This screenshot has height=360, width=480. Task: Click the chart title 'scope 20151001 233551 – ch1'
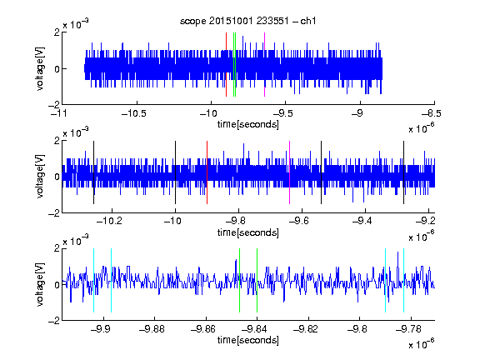point(248,21)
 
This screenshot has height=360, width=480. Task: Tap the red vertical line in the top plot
point(226,65)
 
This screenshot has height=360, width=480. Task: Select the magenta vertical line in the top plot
point(264,65)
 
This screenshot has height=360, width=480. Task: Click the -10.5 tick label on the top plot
point(134,113)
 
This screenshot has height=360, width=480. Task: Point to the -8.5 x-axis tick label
point(432,113)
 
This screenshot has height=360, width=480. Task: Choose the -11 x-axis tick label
point(59,113)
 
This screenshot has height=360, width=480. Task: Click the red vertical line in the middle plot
point(207,172)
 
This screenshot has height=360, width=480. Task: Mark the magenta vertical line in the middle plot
point(290,172)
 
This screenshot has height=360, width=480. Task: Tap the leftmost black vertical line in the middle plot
point(93,172)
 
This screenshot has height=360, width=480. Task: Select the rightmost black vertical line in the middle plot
point(403,172)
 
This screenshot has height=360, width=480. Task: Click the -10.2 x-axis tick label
point(109,221)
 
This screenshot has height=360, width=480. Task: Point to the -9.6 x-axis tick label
point(299,221)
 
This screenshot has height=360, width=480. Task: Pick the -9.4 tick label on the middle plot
point(362,221)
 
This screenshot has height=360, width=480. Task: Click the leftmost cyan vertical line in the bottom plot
point(93,280)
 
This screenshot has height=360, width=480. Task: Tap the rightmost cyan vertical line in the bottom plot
point(404,280)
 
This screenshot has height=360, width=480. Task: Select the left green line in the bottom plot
point(239,280)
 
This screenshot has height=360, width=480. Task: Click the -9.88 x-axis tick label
point(152,329)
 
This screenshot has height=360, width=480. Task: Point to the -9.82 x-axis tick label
point(306,329)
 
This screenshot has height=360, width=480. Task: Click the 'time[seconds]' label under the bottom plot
point(248,340)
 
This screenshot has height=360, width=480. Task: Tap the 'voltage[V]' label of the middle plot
point(40,177)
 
